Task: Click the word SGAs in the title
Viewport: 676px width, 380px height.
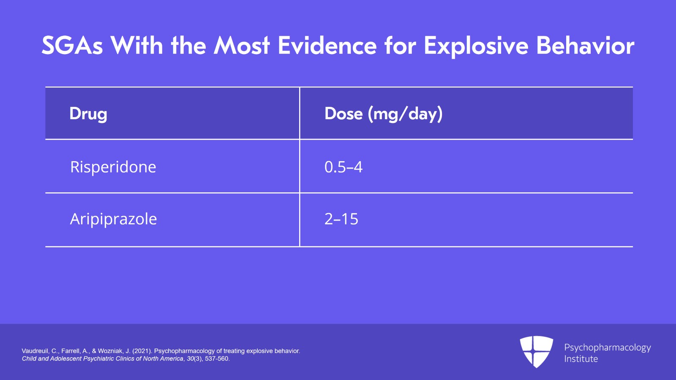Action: point(72,46)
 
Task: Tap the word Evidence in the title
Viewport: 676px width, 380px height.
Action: point(327,46)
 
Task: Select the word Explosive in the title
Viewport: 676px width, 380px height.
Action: point(476,46)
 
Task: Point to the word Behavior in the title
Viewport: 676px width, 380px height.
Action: point(585,46)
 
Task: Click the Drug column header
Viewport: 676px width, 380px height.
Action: point(88,114)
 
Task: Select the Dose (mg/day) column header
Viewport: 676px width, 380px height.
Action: point(383,114)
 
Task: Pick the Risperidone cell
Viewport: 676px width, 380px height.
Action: point(113,167)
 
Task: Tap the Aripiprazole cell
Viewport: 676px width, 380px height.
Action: point(113,219)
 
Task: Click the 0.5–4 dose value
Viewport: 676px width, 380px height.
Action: point(343,167)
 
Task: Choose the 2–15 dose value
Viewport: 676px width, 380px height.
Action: point(341,219)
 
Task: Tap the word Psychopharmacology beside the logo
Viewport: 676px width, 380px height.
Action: point(607,347)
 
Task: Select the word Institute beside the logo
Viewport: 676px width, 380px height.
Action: point(581,359)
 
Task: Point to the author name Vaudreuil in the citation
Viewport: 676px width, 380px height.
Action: point(35,351)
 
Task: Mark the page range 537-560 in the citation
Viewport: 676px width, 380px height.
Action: point(217,358)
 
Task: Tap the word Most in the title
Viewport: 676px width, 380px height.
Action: point(242,46)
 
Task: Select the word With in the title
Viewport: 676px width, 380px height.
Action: point(137,46)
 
